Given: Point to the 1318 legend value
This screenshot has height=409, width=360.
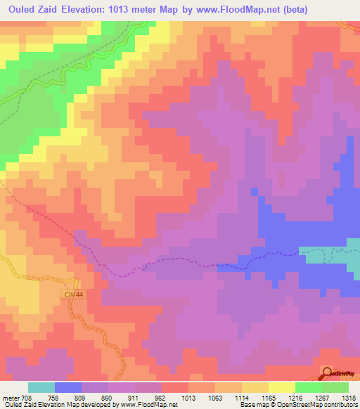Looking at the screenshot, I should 349,396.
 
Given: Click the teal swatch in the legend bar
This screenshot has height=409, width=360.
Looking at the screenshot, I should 41,387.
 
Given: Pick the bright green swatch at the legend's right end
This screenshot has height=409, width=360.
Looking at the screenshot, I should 335,387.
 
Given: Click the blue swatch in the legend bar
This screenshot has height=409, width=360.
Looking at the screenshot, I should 68,387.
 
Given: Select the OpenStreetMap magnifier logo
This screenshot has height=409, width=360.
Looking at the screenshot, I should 329,373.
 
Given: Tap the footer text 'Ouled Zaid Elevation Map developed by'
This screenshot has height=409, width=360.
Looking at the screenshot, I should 53,405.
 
